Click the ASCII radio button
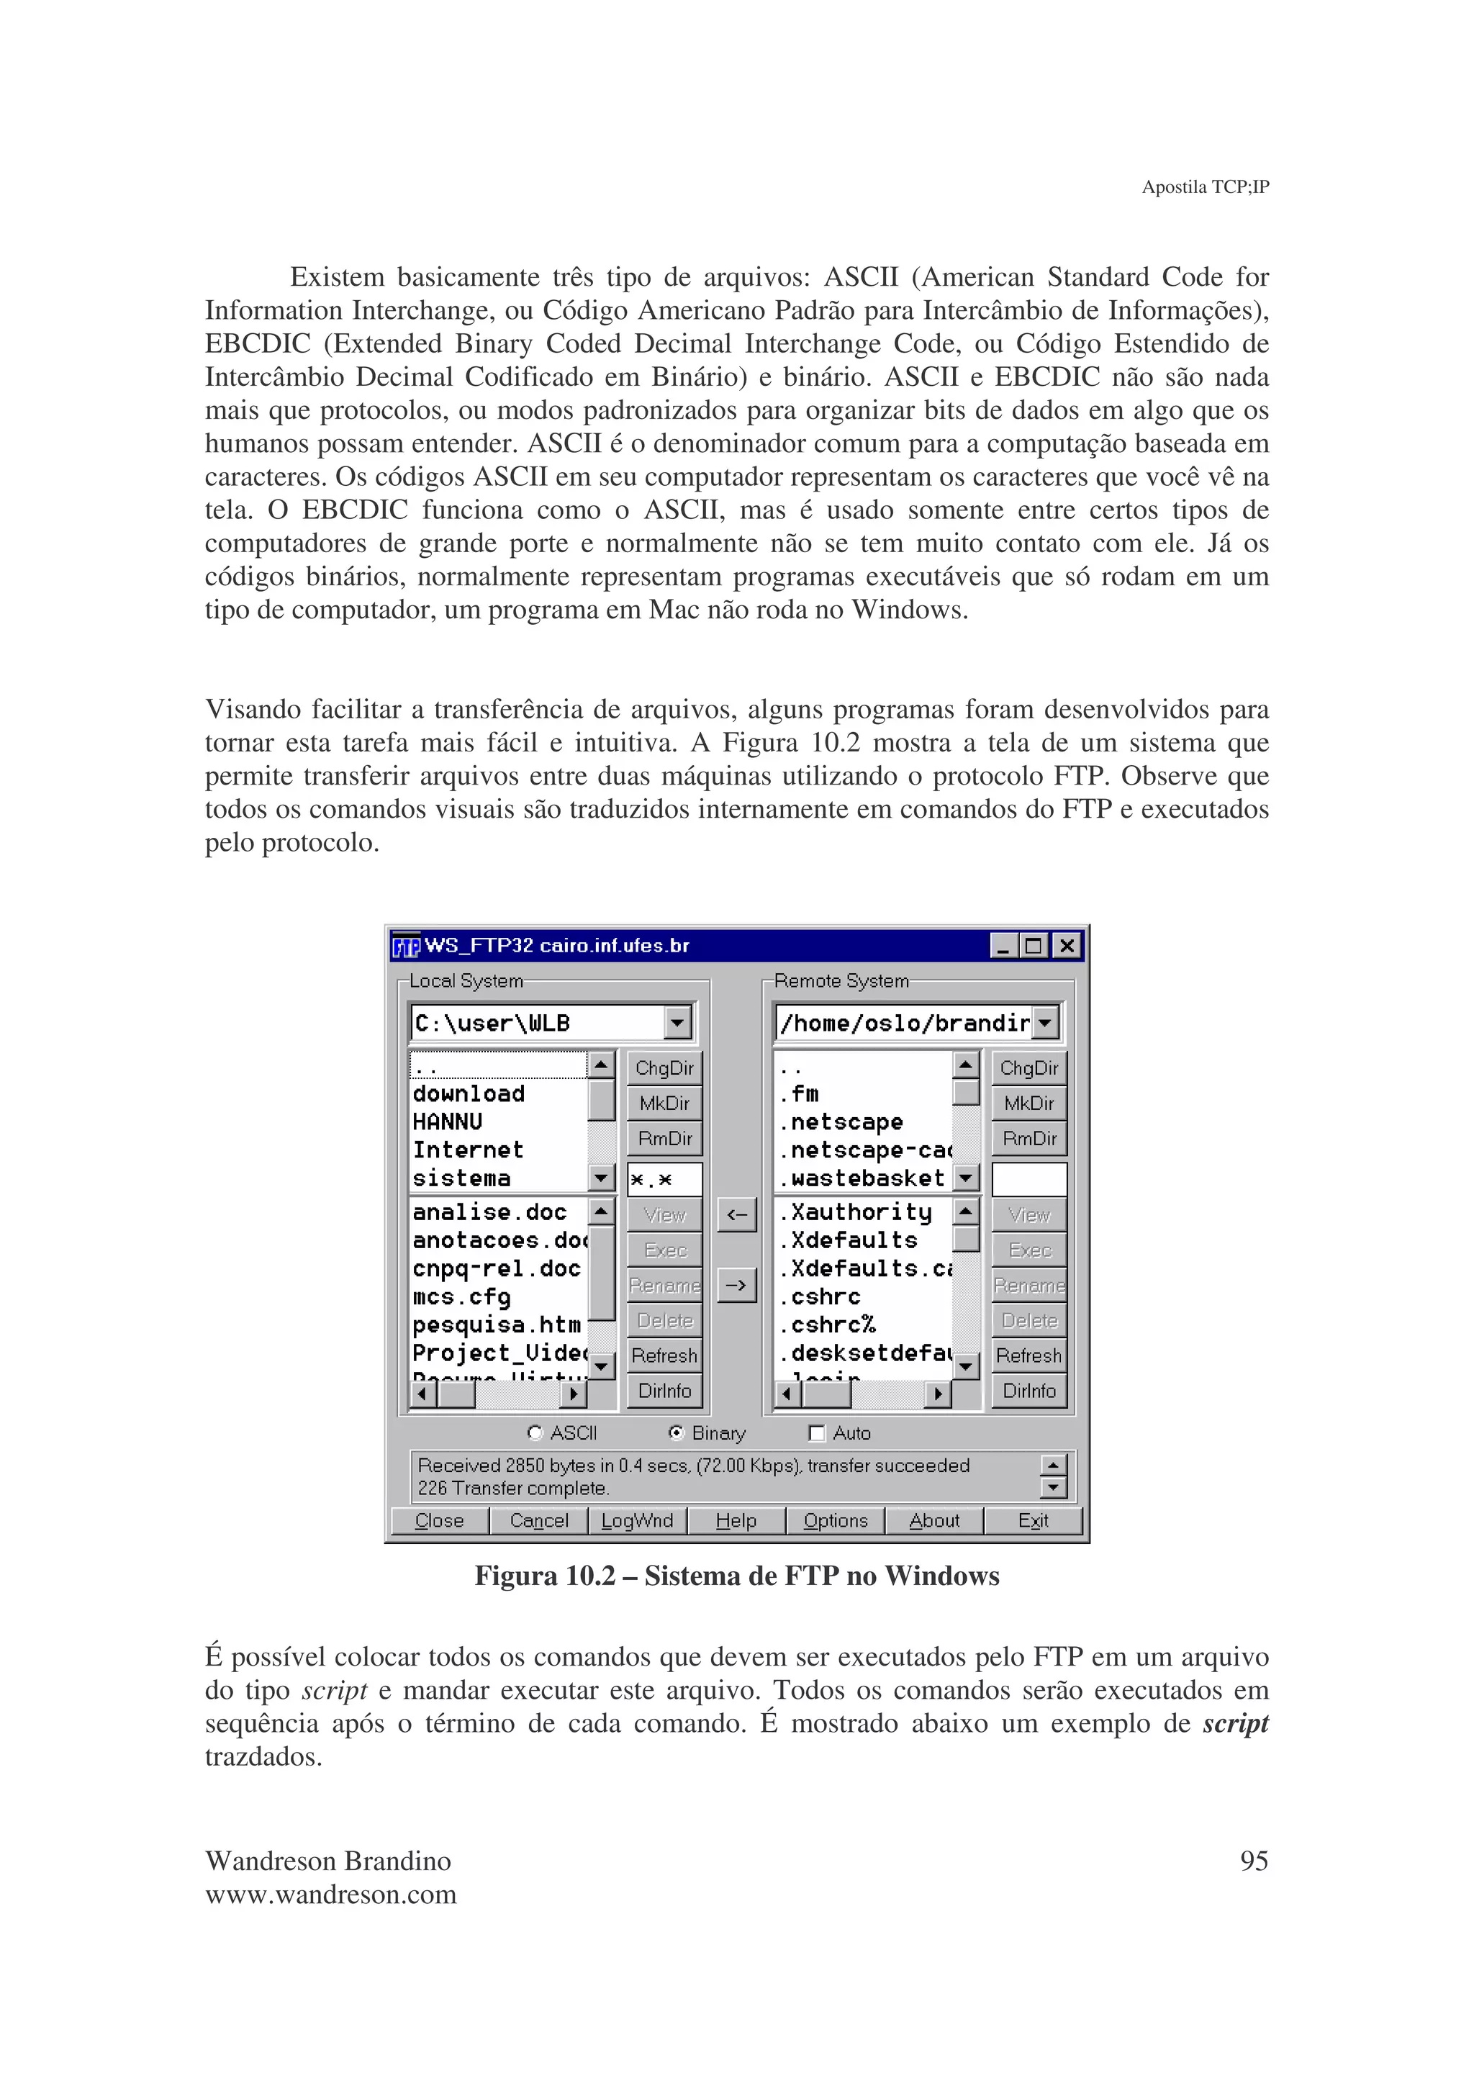(535, 1432)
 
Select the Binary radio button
(676, 1432)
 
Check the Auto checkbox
(816, 1432)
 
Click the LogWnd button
(637, 1521)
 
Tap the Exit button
(1033, 1521)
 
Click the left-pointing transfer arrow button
(736, 1215)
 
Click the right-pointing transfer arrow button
(736, 1286)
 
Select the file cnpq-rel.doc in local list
(496, 1268)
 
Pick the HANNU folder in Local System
(448, 1122)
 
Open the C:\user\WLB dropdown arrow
(677, 1023)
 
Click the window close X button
(1067, 946)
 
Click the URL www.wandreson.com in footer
(330, 1895)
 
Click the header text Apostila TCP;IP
(1204, 187)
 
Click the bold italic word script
(1235, 1723)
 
